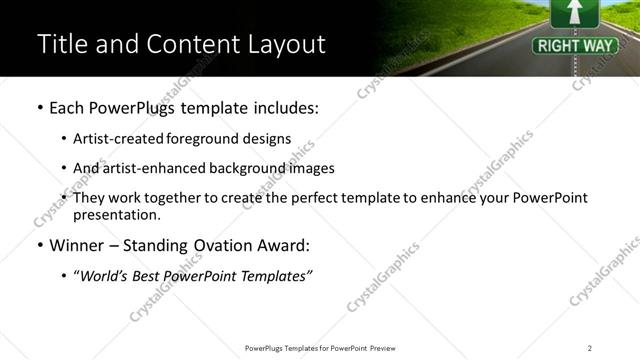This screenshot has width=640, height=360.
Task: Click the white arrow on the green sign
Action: click(x=574, y=13)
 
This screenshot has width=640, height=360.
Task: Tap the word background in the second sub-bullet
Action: click(x=240, y=168)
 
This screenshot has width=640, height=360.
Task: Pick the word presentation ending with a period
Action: click(x=117, y=215)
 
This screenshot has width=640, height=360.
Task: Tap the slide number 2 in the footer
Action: click(x=590, y=348)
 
